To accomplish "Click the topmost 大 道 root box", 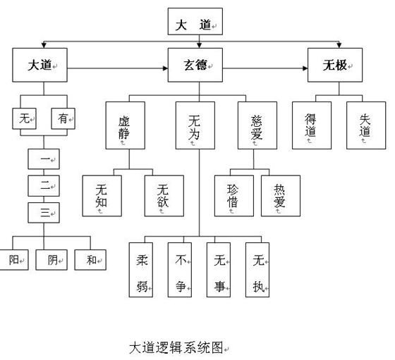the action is pos(195,21).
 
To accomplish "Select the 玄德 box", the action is pos(195,65).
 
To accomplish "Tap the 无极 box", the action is pos(335,65).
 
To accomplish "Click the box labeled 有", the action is pos(63,118).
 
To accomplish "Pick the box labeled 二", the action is pos(44,186).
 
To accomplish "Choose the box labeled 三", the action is pos(44,213).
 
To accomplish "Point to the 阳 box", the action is pos(14,260).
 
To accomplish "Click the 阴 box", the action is pos(51,260).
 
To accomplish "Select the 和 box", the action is pos(90,260).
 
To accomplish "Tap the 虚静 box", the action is pos(126,125).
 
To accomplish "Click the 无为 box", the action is pos(195,125).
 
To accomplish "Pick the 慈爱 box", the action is pos(257,125).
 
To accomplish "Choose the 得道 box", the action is pos(312,125).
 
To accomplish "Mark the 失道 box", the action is pos(366,125).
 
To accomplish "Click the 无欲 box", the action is pos(164,196).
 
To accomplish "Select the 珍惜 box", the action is pos(234,196).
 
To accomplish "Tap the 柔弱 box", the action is pos(141,270).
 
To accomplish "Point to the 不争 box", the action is pos(180,270).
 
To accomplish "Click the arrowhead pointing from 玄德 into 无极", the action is pos(305,68).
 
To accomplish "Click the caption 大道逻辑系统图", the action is pos(176,348).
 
